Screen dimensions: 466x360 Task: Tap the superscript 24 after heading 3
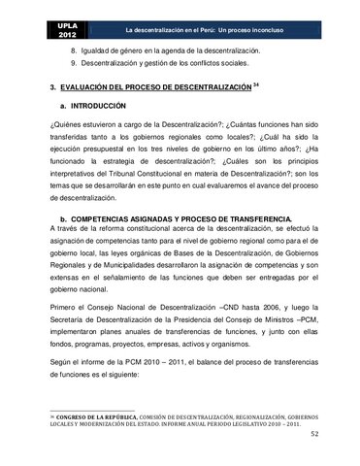(x=256, y=84)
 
